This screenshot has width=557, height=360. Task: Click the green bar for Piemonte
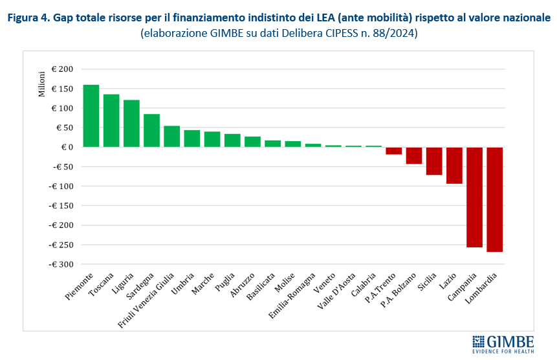91,116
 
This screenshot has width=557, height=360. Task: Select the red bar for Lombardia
495,199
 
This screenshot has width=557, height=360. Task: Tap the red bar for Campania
475,197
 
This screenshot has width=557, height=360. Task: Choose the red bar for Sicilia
434,161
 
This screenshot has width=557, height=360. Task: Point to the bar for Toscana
111,120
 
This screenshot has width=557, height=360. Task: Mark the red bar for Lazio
454,165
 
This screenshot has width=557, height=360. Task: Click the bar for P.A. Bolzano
414,155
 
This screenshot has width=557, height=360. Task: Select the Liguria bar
131,123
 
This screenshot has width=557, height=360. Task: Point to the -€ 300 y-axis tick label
60,265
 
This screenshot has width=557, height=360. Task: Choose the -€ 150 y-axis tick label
60,206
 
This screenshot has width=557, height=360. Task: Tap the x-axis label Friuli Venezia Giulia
147,298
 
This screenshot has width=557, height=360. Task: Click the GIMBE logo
503,343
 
